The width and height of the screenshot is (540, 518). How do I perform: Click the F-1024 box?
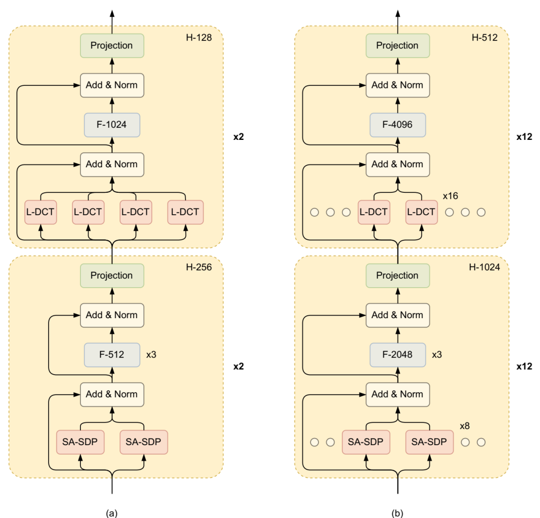(112, 125)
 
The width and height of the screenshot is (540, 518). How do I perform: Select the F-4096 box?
(398, 125)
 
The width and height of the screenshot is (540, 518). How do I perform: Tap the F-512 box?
(112, 355)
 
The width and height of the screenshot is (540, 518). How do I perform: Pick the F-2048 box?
(398, 355)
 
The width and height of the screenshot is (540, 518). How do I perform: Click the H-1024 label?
(484, 267)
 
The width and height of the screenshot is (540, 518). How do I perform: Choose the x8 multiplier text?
(466, 426)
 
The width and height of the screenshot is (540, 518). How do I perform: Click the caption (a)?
(111, 513)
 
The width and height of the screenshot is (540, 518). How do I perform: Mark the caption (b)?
(397, 513)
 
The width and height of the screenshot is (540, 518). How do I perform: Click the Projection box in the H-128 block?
(112, 45)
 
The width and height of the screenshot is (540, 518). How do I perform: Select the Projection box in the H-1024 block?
(398, 275)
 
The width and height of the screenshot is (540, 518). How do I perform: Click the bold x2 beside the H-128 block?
(238, 136)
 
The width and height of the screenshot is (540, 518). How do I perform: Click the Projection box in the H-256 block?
(112, 275)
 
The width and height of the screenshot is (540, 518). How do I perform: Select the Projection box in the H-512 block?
(398, 45)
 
